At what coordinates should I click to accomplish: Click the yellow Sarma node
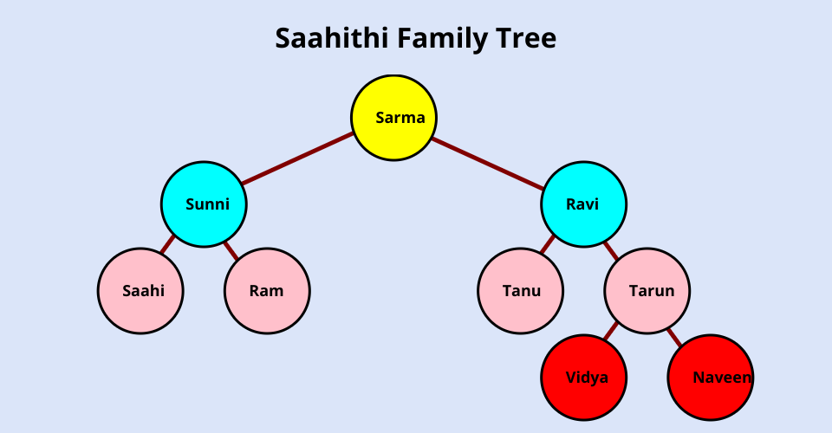click(x=393, y=118)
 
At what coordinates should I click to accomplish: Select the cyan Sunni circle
click(x=204, y=204)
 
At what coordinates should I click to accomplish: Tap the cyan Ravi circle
click(x=583, y=204)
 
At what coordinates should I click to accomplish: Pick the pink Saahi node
click(x=140, y=291)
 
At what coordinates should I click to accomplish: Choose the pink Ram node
click(x=267, y=291)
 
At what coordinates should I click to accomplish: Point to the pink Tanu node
click(x=520, y=291)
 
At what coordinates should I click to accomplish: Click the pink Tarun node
click(x=647, y=291)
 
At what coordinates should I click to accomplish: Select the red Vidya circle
click(x=583, y=378)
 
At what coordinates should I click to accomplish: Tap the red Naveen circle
click(x=710, y=378)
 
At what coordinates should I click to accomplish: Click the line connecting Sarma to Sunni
click(x=298, y=159)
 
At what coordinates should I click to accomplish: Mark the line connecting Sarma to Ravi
click(x=488, y=161)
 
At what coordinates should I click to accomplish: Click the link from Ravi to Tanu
click(x=547, y=244)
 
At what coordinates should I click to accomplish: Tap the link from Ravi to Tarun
click(x=611, y=251)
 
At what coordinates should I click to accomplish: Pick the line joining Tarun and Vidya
click(x=610, y=331)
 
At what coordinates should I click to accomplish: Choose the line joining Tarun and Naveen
click(x=673, y=336)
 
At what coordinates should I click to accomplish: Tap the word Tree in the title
click(x=528, y=39)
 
